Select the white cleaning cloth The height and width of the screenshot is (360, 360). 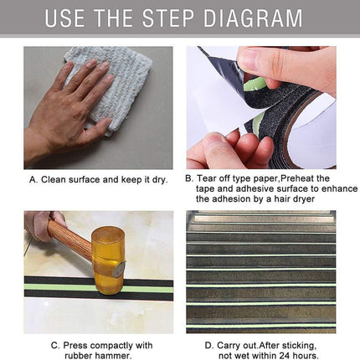coord(109,84)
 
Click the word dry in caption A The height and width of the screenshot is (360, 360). coord(160,178)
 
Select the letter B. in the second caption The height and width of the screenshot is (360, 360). coord(190,178)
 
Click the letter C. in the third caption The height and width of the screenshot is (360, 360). coord(54,343)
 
